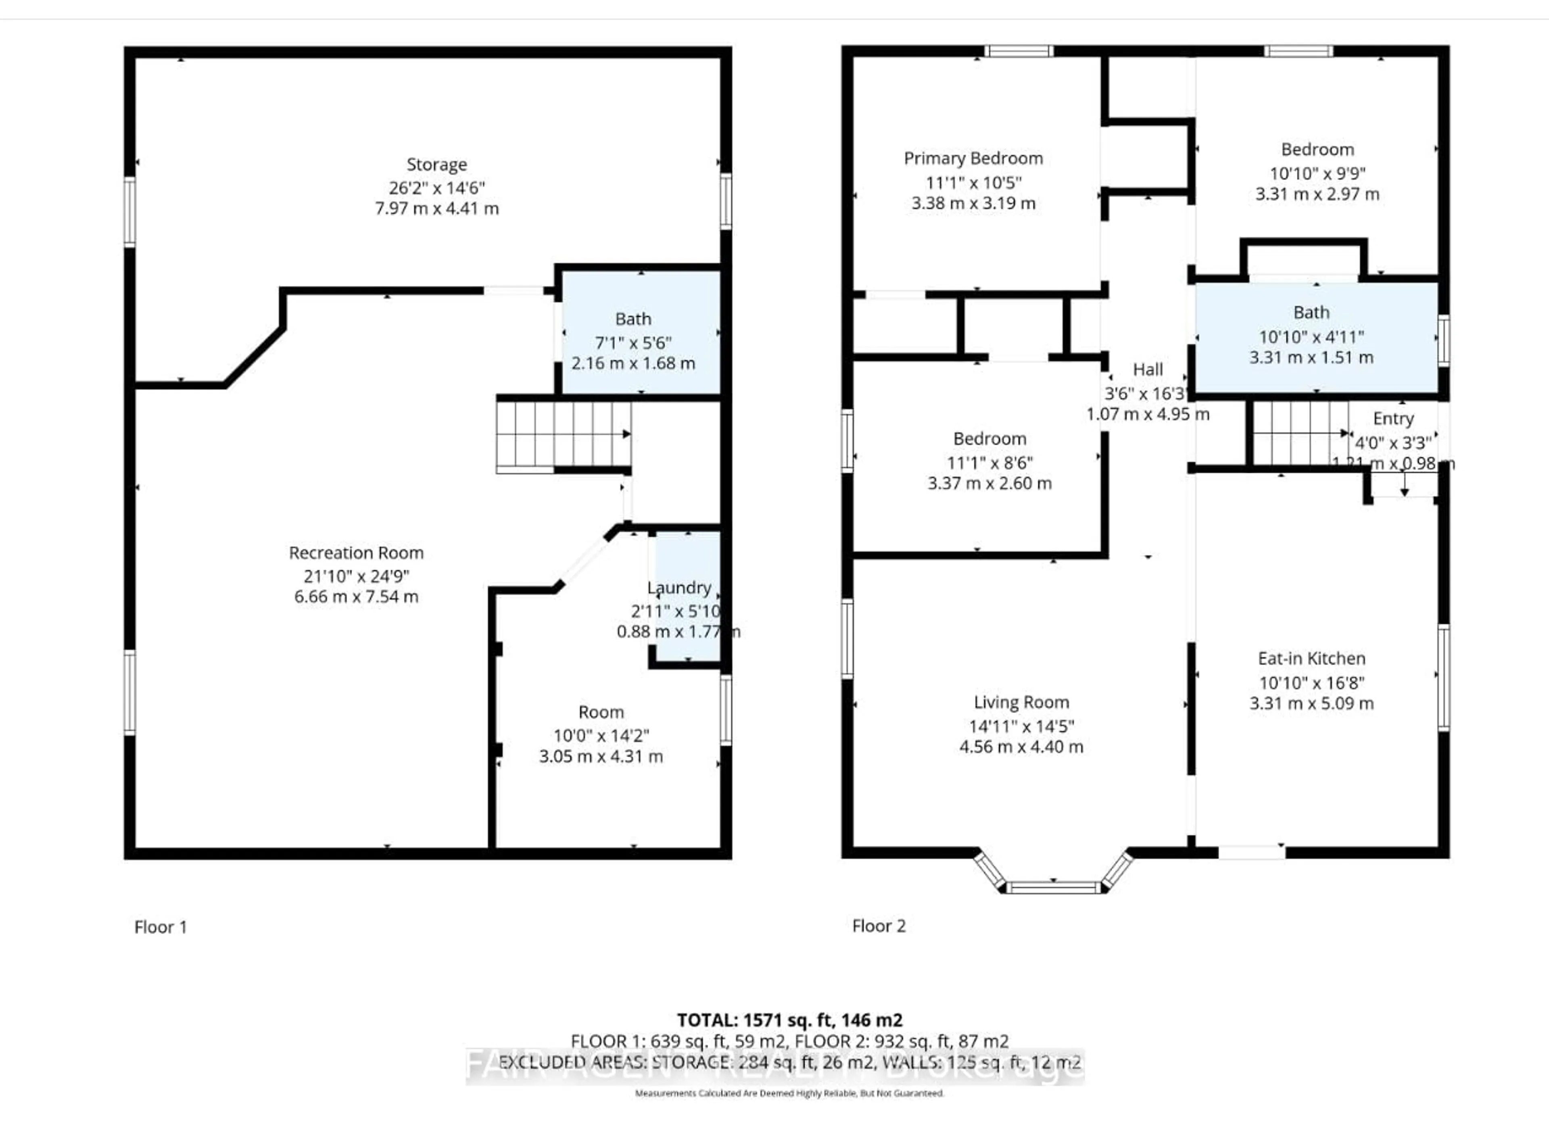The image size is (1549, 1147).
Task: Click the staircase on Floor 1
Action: point(562,435)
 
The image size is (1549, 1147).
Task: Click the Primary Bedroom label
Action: point(973,158)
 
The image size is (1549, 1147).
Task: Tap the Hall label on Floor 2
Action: point(1148,369)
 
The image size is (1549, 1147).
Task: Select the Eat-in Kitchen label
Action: point(1311,658)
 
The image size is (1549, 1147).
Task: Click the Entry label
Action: point(1393,419)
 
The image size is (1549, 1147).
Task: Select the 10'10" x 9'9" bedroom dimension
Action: point(1317,173)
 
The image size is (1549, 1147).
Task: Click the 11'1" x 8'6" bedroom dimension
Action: point(990,463)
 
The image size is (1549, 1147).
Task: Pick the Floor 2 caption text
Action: point(878,926)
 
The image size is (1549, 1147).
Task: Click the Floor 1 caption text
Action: point(161,927)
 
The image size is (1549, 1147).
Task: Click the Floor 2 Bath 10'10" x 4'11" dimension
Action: point(1311,337)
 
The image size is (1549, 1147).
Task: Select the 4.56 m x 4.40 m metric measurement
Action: point(1021,747)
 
